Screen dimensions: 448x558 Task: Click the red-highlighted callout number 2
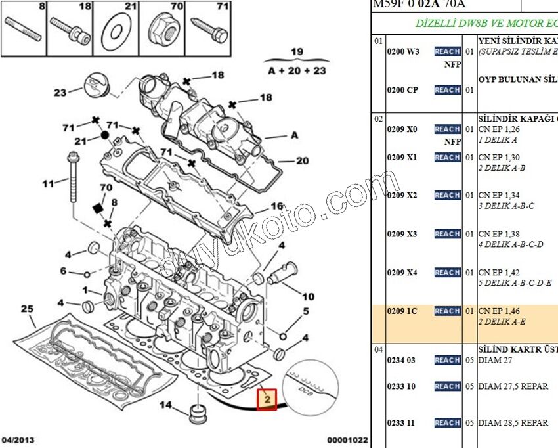pyautogui.click(x=267, y=399)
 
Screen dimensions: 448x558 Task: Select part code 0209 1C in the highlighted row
pyautogui.click(x=402, y=311)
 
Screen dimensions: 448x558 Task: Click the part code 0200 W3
pyautogui.click(x=403, y=51)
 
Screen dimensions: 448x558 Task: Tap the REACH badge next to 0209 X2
pyautogui.click(x=447, y=195)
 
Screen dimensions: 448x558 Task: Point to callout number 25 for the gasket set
pyautogui.click(x=27, y=309)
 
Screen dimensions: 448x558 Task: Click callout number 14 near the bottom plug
pyautogui.click(x=167, y=405)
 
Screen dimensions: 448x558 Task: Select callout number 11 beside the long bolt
pyautogui.click(x=47, y=183)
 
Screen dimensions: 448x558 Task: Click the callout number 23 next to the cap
pyautogui.click(x=60, y=93)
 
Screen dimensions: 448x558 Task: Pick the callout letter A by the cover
pyautogui.click(x=294, y=135)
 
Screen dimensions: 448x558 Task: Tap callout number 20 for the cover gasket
pyautogui.click(x=302, y=160)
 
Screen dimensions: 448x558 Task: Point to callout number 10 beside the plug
pyautogui.click(x=308, y=296)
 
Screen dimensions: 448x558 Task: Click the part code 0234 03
pyautogui.click(x=401, y=360)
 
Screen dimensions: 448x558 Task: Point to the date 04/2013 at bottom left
pyautogui.click(x=18, y=440)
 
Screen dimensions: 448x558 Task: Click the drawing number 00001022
pyautogui.click(x=347, y=440)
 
